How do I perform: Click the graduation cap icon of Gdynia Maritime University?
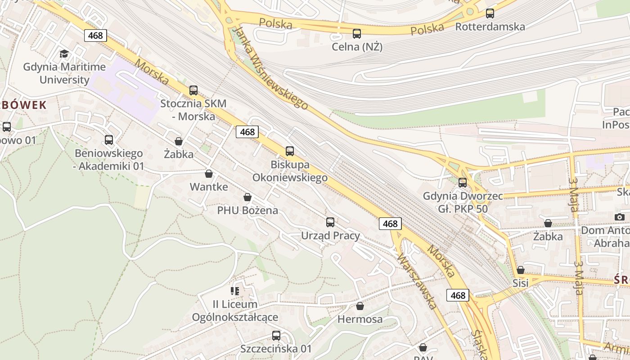point(64,54)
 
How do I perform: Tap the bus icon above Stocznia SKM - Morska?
point(193,90)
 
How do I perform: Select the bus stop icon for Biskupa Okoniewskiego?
point(290,151)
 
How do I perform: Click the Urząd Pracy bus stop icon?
point(330,222)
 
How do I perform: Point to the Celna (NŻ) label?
point(357,46)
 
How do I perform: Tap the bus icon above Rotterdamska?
point(490,13)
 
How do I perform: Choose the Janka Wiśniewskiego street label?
point(272,67)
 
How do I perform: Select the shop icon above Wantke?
point(209,174)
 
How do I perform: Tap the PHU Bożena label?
point(247,210)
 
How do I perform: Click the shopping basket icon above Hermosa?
point(360,306)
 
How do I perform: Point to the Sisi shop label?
point(521,283)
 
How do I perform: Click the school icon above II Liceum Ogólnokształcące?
point(234,291)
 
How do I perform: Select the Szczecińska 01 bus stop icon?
point(276,336)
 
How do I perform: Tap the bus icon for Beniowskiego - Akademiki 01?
point(109,140)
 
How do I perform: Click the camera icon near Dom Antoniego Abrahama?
point(619,217)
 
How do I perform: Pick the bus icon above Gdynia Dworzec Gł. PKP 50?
point(463,183)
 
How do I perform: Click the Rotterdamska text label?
point(490,27)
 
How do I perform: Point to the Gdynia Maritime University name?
point(64,73)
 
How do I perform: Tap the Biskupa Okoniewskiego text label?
point(290,171)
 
